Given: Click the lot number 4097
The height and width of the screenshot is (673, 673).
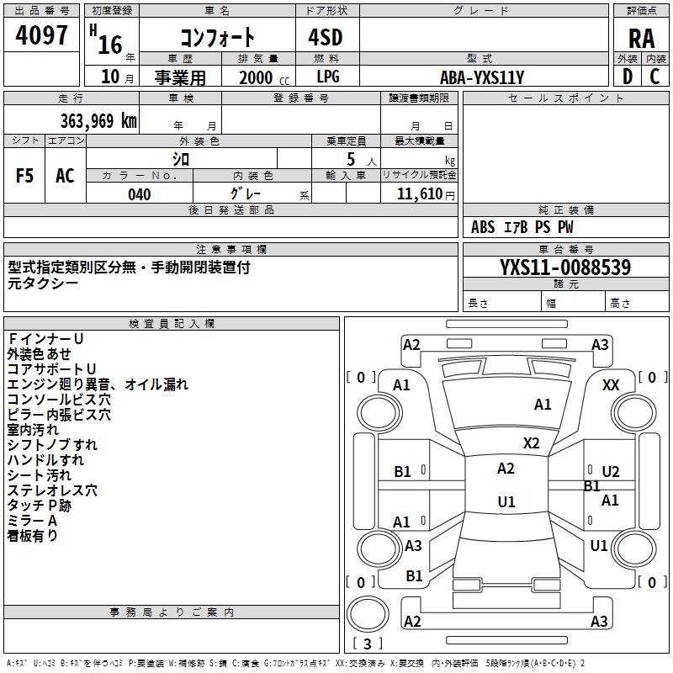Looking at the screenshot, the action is click(x=41, y=35).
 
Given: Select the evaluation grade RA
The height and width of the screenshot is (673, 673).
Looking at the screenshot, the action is click(x=641, y=39).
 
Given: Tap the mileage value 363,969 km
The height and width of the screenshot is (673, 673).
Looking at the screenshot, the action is click(x=98, y=121).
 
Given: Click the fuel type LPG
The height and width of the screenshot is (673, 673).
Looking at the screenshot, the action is click(x=328, y=77).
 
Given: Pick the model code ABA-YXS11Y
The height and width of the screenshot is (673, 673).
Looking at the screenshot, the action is click(x=482, y=77).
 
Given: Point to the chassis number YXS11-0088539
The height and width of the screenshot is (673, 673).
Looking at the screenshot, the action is click(x=565, y=268).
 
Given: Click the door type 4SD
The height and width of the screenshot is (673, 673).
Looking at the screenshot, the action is click(x=326, y=37).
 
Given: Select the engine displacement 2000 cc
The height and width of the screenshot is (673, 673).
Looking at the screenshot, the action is click(x=264, y=77).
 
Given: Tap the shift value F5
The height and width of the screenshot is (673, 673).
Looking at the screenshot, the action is click(x=24, y=176).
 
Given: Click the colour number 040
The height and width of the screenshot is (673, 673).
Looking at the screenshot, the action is click(x=140, y=194).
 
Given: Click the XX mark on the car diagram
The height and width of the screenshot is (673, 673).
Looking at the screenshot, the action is click(x=611, y=385).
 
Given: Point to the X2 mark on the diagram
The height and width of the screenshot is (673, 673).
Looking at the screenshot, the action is click(x=531, y=443).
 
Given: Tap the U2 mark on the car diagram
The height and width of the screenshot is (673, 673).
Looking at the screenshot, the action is click(x=611, y=472).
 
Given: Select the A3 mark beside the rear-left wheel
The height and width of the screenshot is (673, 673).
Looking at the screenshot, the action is click(x=413, y=545).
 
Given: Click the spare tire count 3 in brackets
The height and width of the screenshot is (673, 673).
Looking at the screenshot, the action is click(x=367, y=644).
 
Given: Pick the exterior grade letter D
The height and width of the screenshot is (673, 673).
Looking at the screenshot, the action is click(x=628, y=77).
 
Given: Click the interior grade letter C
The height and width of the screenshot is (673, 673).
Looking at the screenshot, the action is click(x=654, y=77).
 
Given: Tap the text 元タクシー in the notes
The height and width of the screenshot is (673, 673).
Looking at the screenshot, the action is click(x=43, y=284).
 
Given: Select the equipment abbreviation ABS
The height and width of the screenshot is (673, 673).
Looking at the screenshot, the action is click(x=483, y=227).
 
